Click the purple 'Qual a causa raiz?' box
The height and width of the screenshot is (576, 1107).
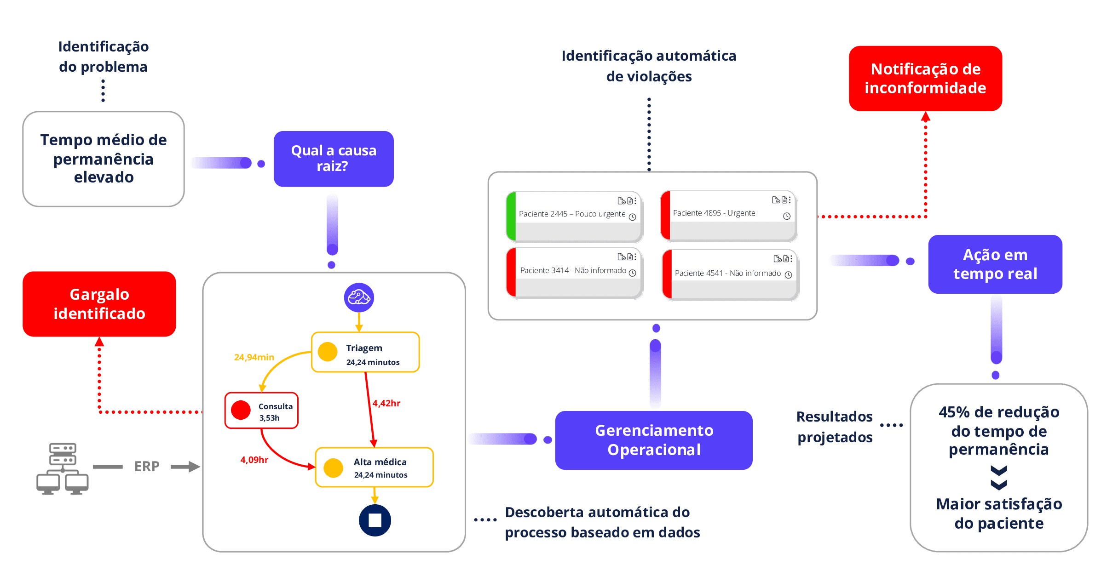point(334,159)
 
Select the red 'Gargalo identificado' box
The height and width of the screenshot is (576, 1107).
point(99,304)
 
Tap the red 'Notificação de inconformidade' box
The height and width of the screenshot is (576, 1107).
point(925,78)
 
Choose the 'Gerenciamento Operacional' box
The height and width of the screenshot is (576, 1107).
point(654,440)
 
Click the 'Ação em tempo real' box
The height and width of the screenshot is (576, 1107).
point(995,264)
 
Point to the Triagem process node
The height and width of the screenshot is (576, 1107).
point(365,352)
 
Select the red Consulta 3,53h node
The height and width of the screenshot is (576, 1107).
point(261,411)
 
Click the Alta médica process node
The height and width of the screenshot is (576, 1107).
point(374,467)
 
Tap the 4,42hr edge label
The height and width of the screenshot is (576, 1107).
point(386,403)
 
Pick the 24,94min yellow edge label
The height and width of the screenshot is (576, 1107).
point(254,357)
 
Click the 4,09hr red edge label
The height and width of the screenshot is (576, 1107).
point(254,460)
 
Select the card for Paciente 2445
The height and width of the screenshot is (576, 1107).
point(574,217)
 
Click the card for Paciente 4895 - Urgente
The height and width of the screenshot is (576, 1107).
point(728,216)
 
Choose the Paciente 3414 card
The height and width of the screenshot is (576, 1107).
point(574,273)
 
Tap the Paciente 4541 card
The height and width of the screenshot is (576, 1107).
point(730,275)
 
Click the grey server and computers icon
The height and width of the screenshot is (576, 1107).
point(62,468)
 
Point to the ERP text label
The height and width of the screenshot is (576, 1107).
point(147,467)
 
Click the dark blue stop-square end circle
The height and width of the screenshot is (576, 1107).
point(375,520)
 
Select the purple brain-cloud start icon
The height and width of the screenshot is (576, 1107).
point(359,297)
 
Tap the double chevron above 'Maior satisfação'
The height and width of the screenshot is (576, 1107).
point(999,478)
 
